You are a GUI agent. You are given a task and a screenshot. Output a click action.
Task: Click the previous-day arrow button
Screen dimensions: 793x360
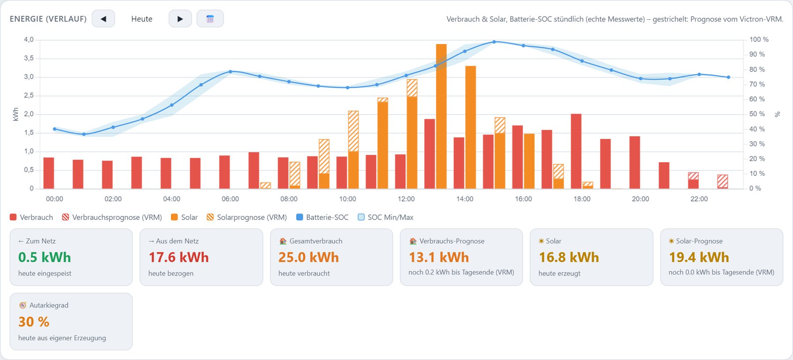tap(104, 19)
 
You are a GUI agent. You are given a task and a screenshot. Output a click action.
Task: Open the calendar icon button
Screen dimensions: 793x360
tap(210, 19)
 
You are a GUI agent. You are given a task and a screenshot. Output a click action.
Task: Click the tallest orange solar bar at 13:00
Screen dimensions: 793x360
tap(441, 116)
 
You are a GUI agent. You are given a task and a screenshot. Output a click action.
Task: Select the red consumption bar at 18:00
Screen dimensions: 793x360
tap(576, 151)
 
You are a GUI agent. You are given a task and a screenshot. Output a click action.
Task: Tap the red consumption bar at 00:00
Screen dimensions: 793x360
tap(49, 173)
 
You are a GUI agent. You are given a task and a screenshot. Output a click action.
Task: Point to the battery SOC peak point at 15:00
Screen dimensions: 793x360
tap(494, 42)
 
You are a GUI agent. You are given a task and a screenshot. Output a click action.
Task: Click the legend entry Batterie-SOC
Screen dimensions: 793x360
tap(322, 217)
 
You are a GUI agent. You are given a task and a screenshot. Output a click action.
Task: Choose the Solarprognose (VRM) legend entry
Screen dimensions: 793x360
tap(247, 217)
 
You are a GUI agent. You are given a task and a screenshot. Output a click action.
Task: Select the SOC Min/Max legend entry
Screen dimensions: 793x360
tap(385, 217)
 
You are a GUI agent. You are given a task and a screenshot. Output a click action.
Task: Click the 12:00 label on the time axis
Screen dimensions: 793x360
tap(406, 199)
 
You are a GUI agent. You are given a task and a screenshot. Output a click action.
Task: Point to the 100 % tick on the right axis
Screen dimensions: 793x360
tap(759, 40)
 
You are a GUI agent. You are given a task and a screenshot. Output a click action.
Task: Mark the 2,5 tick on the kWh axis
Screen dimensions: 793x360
tap(29, 96)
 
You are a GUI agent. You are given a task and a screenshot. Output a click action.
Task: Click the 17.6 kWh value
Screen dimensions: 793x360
tap(178, 257)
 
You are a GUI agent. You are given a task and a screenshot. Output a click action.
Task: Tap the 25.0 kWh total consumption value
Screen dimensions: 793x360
tap(308, 257)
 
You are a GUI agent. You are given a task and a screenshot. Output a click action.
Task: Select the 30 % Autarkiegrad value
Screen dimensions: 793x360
tap(34, 322)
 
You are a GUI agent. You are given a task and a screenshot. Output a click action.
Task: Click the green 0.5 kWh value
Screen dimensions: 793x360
tap(44, 257)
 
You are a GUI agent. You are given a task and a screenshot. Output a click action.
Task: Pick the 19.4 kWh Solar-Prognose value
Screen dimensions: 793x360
tap(699, 257)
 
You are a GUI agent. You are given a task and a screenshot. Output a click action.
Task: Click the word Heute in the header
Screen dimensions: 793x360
tap(142, 19)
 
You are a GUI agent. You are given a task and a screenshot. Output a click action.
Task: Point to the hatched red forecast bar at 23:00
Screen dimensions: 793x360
tap(723, 182)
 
